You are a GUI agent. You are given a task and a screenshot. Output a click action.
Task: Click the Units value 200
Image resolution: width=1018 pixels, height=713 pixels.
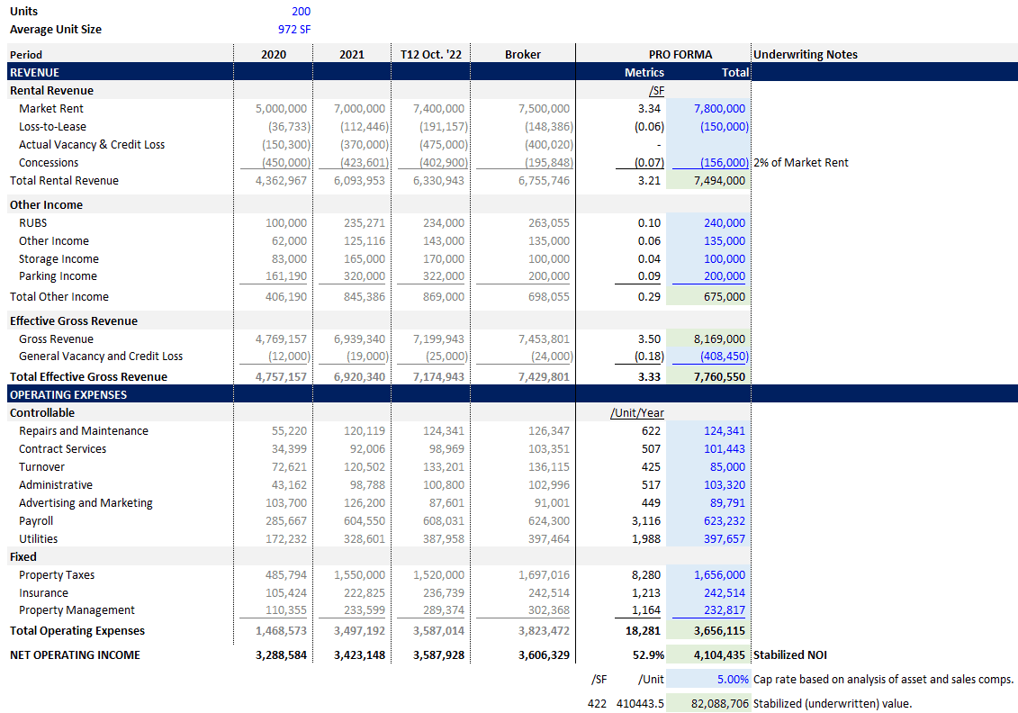(x=301, y=12)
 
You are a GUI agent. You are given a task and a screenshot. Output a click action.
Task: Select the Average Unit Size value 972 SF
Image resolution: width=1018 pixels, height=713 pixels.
(x=294, y=30)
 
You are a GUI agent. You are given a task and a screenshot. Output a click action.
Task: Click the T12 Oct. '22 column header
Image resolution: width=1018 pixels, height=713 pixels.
(x=430, y=55)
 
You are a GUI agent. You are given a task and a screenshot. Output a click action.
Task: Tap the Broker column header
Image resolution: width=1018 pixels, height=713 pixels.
(x=523, y=55)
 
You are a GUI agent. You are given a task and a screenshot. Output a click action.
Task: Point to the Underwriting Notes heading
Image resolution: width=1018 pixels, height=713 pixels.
(x=805, y=55)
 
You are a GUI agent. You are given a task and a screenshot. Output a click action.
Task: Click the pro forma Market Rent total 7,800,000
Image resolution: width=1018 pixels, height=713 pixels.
(x=719, y=109)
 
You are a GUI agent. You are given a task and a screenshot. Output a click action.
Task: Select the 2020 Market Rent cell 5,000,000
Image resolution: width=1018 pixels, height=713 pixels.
(x=281, y=109)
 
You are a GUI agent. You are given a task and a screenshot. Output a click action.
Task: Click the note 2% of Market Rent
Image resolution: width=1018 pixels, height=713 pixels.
(x=800, y=163)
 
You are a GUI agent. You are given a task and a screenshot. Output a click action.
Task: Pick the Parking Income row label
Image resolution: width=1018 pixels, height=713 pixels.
(x=58, y=276)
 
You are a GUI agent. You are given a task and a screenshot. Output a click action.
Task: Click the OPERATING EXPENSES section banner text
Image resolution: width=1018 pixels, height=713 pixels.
(x=68, y=394)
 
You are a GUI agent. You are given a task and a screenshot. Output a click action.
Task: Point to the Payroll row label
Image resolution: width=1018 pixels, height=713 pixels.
(x=36, y=521)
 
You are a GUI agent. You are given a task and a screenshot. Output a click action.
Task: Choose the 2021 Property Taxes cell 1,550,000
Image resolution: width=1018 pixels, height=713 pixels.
(x=359, y=575)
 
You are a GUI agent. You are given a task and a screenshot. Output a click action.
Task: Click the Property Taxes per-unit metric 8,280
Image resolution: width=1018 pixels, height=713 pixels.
(x=646, y=575)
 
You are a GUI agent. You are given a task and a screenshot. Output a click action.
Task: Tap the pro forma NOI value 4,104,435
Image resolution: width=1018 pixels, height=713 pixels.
(x=719, y=655)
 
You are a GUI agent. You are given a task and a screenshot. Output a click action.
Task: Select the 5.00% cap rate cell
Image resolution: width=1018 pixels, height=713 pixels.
(x=733, y=680)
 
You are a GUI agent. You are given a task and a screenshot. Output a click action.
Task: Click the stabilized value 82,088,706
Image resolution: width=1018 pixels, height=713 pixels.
(x=720, y=704)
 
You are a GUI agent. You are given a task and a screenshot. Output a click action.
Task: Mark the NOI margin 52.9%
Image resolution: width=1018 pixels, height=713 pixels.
(x=648, y=655)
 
